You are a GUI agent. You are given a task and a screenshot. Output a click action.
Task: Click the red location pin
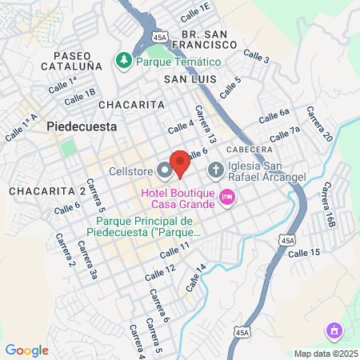(180, 162)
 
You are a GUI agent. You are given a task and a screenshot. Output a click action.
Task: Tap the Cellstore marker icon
(165, 170)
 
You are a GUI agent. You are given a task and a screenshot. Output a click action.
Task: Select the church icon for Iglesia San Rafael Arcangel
(215, 170)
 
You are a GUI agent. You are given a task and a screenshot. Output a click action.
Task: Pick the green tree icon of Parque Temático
(123, 61)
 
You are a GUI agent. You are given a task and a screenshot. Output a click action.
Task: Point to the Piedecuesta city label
(82, 126)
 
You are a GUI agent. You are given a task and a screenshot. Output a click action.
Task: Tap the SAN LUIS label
(190, 79)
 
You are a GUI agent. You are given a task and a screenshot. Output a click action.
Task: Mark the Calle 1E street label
(194, 11)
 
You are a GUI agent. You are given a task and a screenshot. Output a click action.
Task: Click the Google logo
(26, 350)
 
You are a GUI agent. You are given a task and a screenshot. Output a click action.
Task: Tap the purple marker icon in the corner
(334, 330)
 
